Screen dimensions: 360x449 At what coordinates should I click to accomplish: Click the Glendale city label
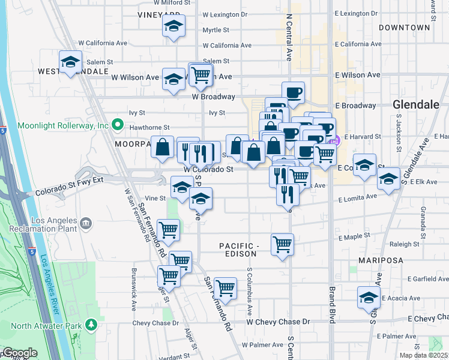[x=416, y=104]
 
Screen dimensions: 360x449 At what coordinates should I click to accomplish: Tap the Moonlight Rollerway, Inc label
[x=62, y=126]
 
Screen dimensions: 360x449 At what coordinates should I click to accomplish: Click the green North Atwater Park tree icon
[x=91, y=325]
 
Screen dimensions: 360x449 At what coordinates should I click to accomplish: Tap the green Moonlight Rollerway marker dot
[x=118, y=126]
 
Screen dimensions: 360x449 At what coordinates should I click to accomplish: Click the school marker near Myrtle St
[x=174, y=26]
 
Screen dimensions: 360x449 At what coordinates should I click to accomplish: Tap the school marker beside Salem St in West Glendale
[x=70, y=62]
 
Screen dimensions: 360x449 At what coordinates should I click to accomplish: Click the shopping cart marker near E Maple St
[x=282, y=245]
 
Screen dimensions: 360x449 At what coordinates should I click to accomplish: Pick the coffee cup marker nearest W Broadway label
[x=293, y=93]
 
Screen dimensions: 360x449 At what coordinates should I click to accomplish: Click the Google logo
[x=19, y=353]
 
